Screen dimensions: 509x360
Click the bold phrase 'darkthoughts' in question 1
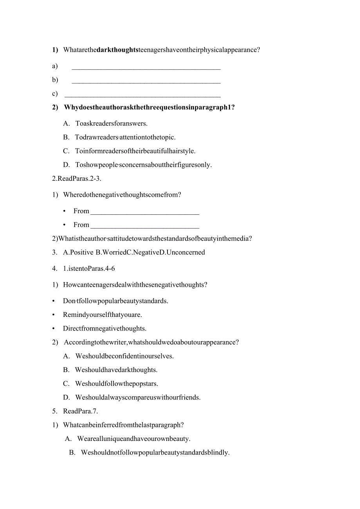[x=117, y=50]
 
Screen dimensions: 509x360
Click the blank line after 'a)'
[x=146, y=68]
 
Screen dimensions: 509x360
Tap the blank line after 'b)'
[x=146, y=82]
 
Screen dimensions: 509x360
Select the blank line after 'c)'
[x=142, y=96]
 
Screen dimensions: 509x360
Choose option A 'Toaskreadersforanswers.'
[x=111, y=124]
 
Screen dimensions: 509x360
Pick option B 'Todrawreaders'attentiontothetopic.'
[x=125, y=137]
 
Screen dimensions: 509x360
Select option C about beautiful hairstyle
[x=135, y=151]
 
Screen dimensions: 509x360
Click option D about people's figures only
[x=143, y=165]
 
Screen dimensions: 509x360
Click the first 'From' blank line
[x=145, y=213]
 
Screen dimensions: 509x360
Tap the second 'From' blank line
[x=145, y=227]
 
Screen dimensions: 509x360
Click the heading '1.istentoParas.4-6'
[x=89, y=269]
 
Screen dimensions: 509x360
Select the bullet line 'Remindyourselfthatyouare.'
[x=102, y=315]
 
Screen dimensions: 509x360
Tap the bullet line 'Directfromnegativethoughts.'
[x=104, y=329]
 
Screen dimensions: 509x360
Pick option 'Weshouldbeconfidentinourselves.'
[x=124, y=356]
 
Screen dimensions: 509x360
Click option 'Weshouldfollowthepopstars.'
[x=117, y=384]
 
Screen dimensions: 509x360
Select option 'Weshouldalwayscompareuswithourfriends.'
[x=138, y=397]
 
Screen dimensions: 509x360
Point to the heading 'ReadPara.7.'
[x=80, y=411]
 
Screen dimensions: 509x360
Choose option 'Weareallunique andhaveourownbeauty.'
[x=133, y=439]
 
